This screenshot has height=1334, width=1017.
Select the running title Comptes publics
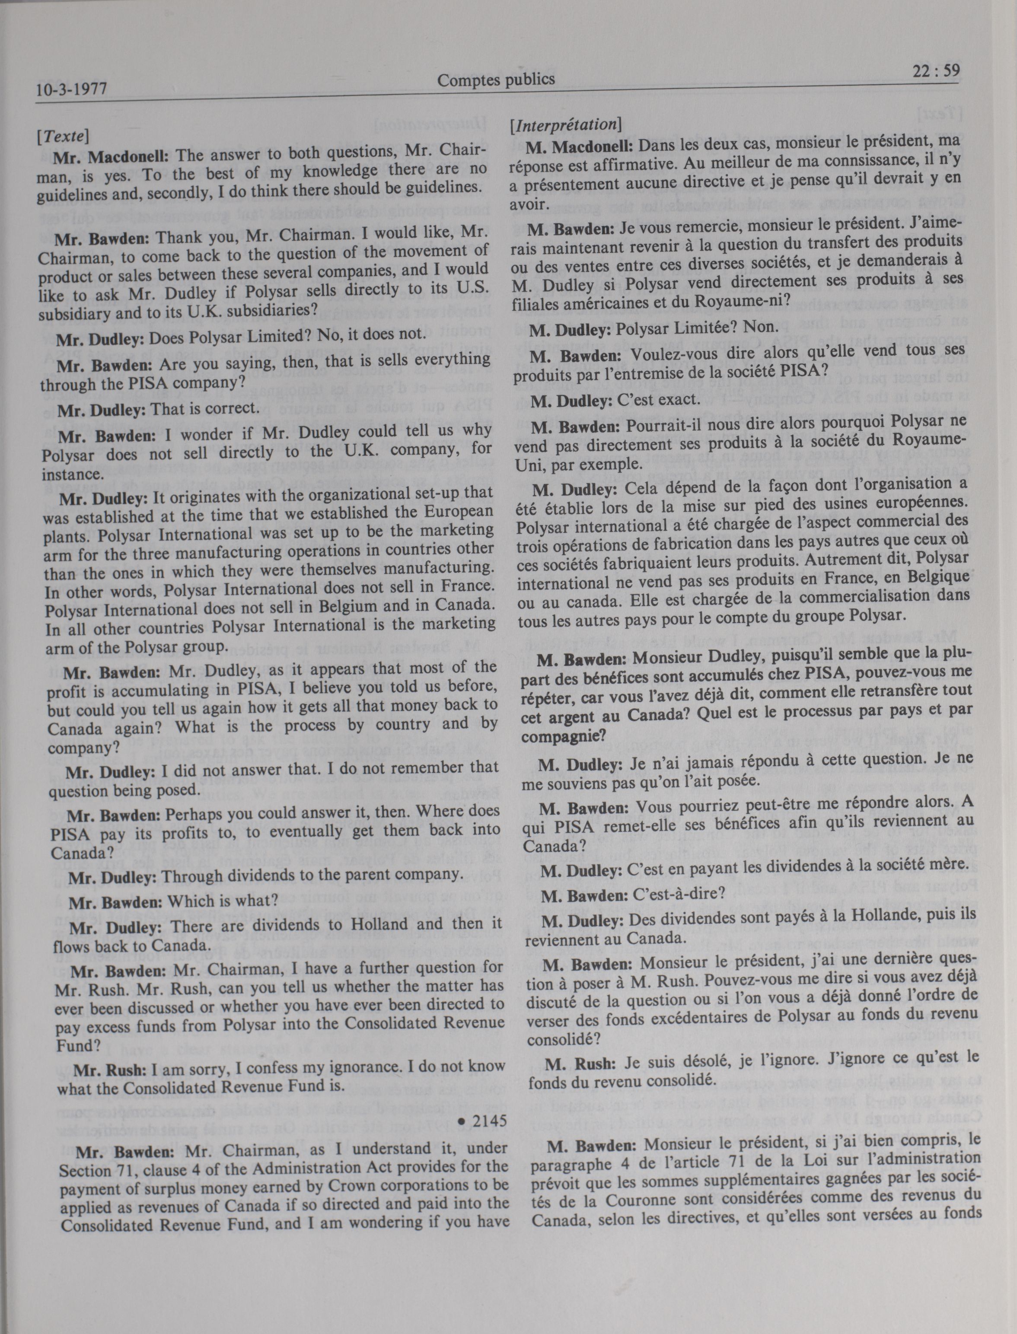(496, 80)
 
